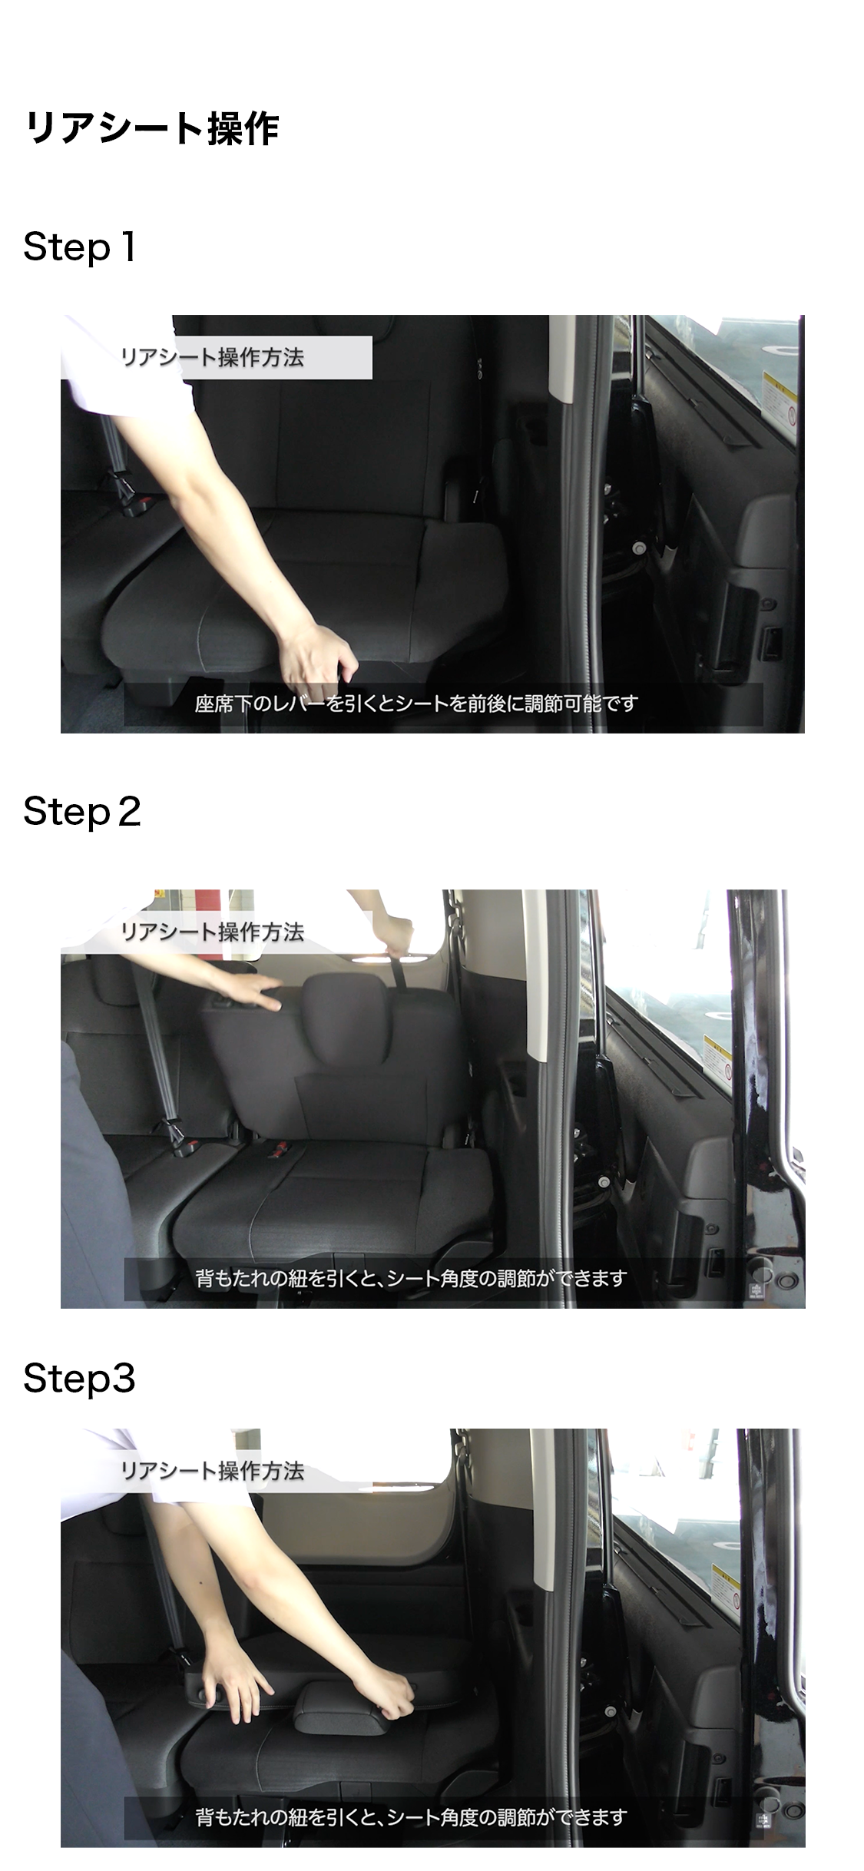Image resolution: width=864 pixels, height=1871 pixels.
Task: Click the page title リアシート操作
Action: pos(151,128)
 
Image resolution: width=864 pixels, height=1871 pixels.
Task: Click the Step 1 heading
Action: pos(80,247)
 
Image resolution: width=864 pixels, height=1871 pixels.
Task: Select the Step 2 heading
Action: pos(82,812)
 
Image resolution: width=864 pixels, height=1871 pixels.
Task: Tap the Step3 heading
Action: pos(79,1378)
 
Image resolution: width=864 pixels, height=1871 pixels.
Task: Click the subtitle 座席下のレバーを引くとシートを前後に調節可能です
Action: pos(416,704)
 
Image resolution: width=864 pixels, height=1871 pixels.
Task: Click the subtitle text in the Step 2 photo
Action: pos(412,1278)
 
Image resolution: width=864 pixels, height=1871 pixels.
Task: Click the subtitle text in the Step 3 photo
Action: pos(412,1817)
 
